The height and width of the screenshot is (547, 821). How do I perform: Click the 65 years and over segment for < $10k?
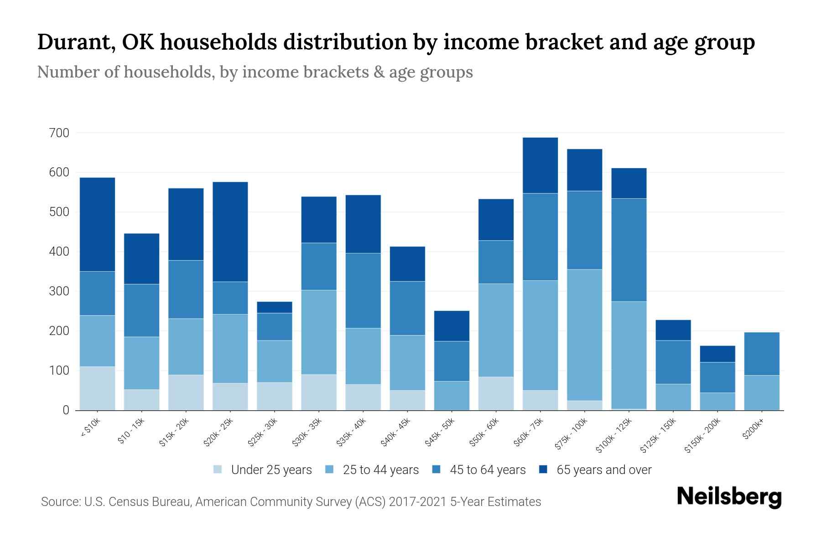click(97, 224)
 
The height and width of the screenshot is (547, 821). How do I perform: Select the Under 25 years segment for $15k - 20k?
click(186, 392)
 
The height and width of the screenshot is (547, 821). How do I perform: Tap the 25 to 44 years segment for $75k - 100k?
click(584, 335)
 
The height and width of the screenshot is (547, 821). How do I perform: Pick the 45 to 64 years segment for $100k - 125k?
click(629, 250)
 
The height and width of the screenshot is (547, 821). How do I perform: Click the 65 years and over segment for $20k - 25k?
click(230, 232)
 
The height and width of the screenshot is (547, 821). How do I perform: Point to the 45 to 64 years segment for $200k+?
click(761, 354)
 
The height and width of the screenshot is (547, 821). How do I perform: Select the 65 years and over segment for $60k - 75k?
click(540, 165)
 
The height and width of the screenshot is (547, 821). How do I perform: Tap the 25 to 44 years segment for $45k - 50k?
click(452, 396)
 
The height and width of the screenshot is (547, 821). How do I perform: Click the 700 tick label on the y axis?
click(59, 133)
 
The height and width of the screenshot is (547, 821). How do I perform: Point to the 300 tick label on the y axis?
click(59, 291)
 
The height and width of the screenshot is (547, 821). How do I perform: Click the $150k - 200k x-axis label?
click(703, 435)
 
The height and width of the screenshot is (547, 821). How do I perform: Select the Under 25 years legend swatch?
click(218, 470)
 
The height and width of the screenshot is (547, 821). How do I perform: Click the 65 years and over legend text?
click(604, 470)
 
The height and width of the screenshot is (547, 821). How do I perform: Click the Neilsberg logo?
click(729, 497)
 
